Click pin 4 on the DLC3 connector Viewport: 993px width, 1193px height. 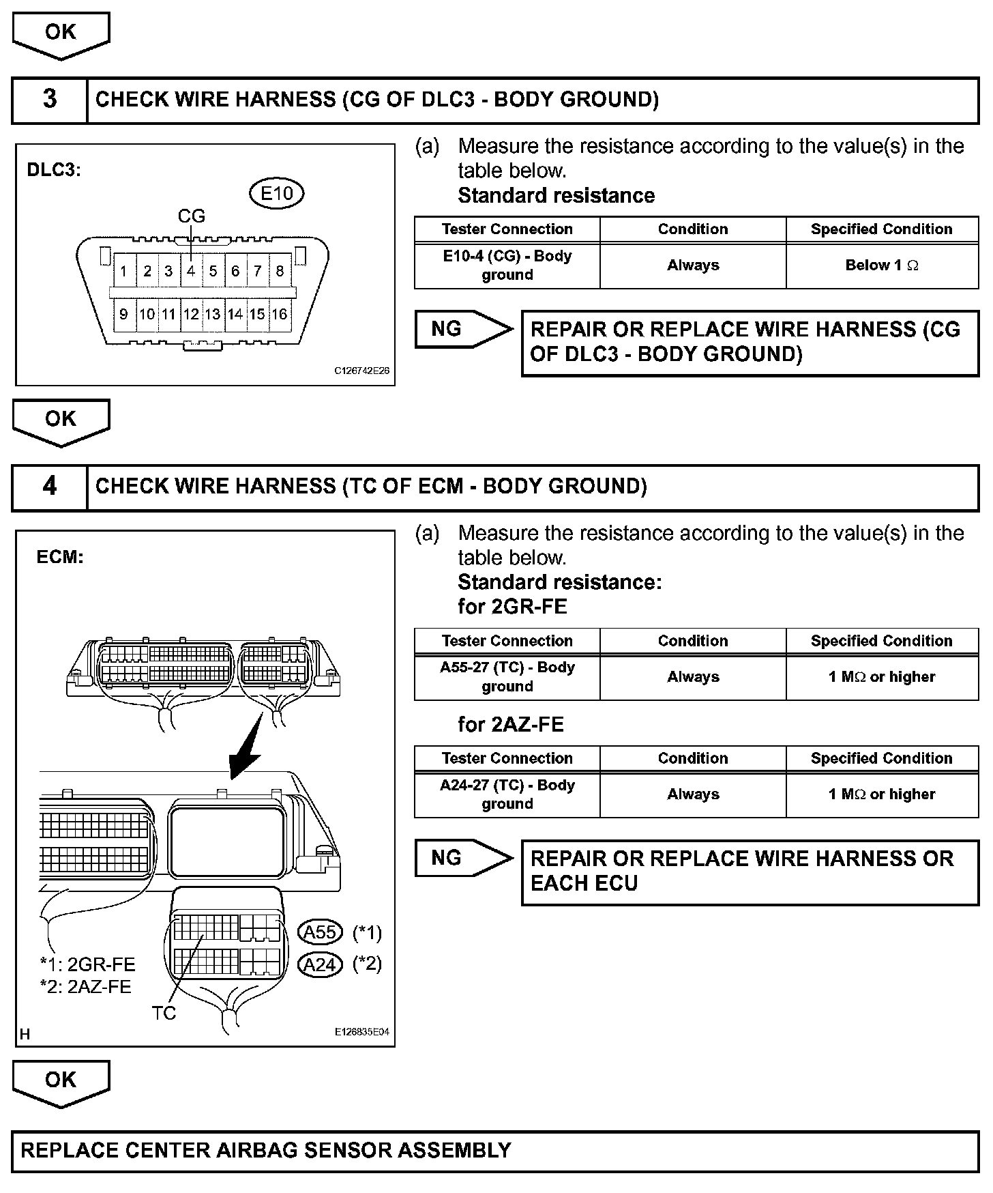tap(191, 271)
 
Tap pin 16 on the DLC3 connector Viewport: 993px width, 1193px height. tap(280, 314)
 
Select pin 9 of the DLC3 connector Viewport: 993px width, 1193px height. tap(123, 314)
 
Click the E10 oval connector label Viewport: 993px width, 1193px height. tap(276, 193)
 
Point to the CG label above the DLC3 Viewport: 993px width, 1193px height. tap(191, 216)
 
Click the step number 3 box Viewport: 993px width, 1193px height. tap(50, 100)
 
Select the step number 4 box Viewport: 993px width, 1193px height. tap(50, 487)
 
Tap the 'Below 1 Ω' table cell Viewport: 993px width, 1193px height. tap(882, 265)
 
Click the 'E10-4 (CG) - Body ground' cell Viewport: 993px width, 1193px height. tap(507, 265)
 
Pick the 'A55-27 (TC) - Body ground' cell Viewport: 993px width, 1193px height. tap(507, 677)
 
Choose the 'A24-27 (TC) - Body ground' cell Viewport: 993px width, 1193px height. tap(507, 794)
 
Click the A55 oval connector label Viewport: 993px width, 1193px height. tap(320, 932)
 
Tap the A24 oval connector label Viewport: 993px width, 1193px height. tap(320, 964)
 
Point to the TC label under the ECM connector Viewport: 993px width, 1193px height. tap(164, 1013)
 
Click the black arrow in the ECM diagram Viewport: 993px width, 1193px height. tap(246, 747)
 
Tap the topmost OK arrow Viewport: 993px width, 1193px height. tap(61, 34)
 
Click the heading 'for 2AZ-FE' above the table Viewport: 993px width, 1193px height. tap(511, 724)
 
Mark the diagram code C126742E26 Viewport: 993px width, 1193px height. tap(361, 371)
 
